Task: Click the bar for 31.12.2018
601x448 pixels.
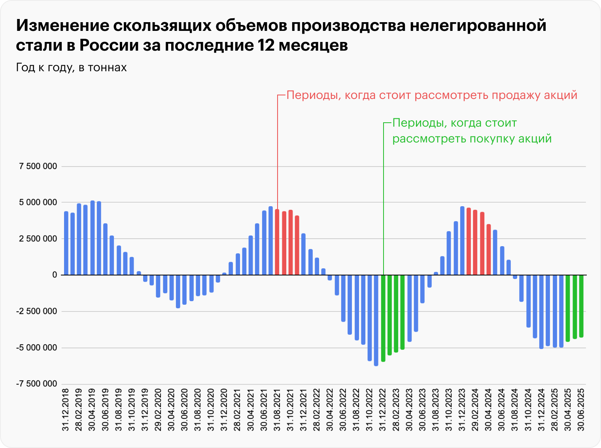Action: [x=66, y=243]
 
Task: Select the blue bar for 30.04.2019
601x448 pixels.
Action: [x=93, y=237]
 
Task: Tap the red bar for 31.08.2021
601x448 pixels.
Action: [x=277, y=242]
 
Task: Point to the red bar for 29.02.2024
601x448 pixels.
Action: [x=475, y=242]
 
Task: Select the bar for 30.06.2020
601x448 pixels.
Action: [x=185, y=289]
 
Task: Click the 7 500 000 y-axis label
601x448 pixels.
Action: [x=38, y=166]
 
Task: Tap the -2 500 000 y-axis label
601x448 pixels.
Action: [x=37, y=311]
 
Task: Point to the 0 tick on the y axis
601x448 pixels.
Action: [x=55, y=275]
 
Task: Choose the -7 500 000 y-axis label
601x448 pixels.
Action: [x=37, y=384]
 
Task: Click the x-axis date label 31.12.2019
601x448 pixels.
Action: [x=145, y=410]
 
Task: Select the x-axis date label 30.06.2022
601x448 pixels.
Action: [x=343, y=410]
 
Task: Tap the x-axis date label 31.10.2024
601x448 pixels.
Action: [x=528, y=410]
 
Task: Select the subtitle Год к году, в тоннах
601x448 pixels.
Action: [x=71, y=68]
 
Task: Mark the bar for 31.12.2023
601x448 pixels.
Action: [x=462, y=241]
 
